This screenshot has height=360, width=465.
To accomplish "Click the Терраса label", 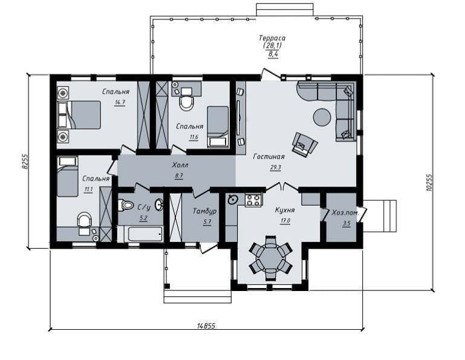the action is (272, 38).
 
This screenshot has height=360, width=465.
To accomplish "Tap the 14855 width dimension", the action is (206, 326).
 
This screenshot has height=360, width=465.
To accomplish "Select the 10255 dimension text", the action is (429, 182).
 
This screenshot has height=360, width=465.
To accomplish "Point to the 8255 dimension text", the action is (25, 162).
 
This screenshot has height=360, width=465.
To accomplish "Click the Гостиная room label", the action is (269, 157).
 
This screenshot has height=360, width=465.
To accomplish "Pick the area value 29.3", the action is (275, 168).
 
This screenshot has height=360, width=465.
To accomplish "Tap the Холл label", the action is (180, 165).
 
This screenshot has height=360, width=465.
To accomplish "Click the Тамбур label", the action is (204, 211).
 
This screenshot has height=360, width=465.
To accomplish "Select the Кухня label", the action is (285, 210).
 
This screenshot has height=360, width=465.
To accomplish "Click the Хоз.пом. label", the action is (345, 213).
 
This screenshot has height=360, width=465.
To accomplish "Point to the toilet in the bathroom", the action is (126, 205).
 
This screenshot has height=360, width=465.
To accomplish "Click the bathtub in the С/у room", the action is (140, 234).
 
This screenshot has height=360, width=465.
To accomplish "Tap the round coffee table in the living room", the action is (322, 117).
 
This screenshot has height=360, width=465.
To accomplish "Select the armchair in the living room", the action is (305, 144).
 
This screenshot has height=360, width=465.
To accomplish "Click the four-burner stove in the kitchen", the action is (253, 200).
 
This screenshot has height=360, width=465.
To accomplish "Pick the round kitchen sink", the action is (232, 200).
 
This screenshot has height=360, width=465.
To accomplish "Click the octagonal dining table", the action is (271, 258).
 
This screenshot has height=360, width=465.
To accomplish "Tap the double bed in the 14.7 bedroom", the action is (79, 114).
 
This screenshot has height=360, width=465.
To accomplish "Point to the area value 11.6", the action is (193, 137).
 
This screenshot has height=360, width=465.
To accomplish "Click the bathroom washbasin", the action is (159, 204).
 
